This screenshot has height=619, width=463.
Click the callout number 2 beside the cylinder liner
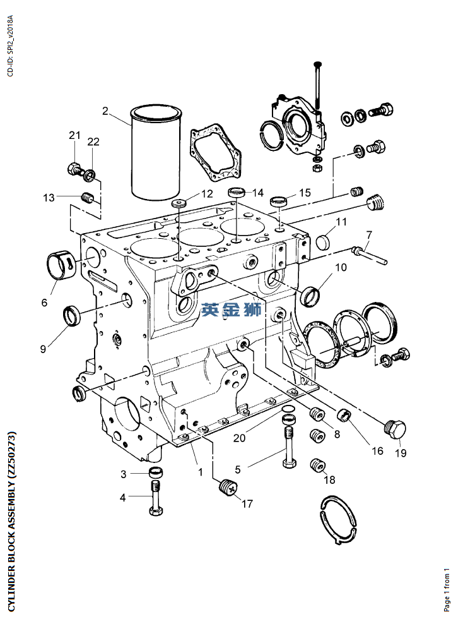pyautogui.click(x=105, y=111)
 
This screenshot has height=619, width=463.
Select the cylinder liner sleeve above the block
pyautogui.click(x=156, y=152)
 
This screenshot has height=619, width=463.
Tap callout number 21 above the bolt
pyautogui.click(x=74, y=135)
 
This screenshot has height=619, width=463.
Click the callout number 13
pyautogui.click(x=49, y=197)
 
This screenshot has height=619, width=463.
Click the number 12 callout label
pyautogui.click(x=207, y=194)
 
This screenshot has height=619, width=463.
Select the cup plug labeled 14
pyautogui.click(x=237, y=193)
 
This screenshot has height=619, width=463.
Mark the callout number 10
pyautogui.click(x=341, y=267)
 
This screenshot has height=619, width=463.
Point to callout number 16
pyautogui.click(x=377, y=450)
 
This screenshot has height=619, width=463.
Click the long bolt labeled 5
pyautogui.click(x=289, y=439)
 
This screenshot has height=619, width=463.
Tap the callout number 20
pyautogui.click(x=240, y=438)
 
